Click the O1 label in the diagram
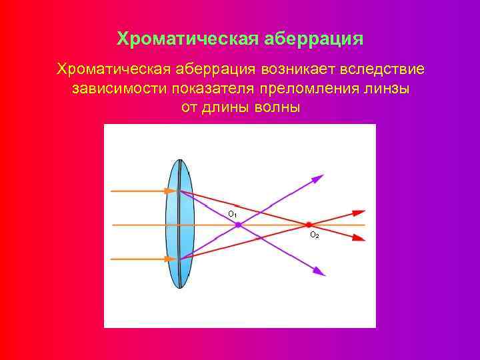click(x=232, y=214)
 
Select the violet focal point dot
click(x=238, y=225)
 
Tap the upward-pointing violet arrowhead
click(x=318, y=178)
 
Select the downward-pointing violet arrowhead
click(x=319, y=271)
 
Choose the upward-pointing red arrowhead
click(x=359, y=213)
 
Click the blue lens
click(x=178, y=224)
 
